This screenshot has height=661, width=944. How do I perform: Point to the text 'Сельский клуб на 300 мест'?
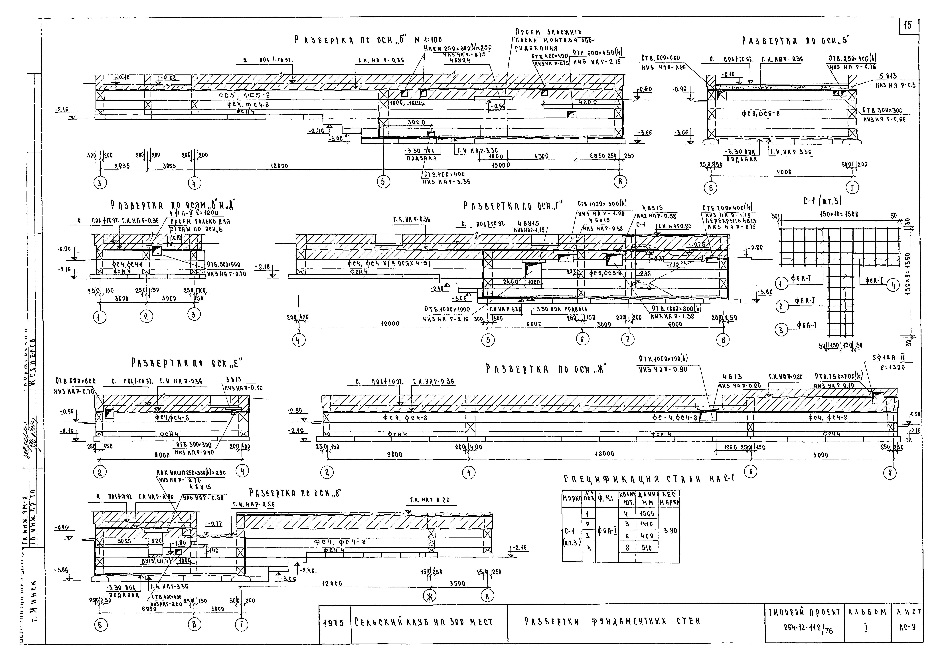(x=424, y=622)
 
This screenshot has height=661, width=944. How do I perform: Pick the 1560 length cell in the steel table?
(x=647, y=514)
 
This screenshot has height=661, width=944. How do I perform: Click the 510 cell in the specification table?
(x=647, y=547)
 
